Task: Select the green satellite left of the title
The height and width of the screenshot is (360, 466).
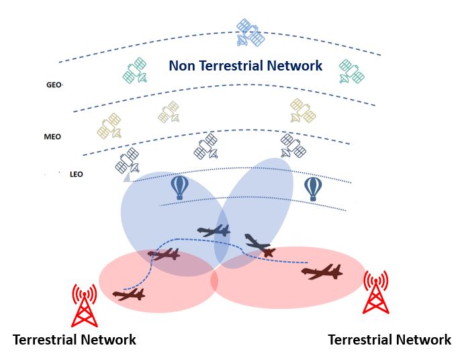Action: (x=136, y=71)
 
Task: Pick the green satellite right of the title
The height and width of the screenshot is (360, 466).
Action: (x=351, y=71)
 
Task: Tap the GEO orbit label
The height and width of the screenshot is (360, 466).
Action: (x=53, y=85)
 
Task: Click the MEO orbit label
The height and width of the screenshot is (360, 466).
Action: (x=52, y=136)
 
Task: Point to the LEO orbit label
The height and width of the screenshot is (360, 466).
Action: (x=76, y=175)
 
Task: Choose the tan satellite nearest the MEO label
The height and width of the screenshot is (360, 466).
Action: (x=110, y=126)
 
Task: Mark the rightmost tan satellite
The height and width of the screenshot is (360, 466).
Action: (x=303, y=111)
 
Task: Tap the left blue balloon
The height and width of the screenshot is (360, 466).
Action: (x=179, y=187)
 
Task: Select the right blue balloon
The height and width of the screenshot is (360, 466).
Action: (x=313, y=189)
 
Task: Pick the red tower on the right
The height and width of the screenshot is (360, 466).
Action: (x=375, y=293)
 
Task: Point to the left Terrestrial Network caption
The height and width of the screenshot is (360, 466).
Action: (x=75, y=339)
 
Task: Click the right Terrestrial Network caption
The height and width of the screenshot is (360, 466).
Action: (x=389, y=339)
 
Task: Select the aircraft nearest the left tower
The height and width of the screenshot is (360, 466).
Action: (x=128, y=294)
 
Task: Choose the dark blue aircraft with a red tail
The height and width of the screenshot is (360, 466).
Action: (x=259, y=245)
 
